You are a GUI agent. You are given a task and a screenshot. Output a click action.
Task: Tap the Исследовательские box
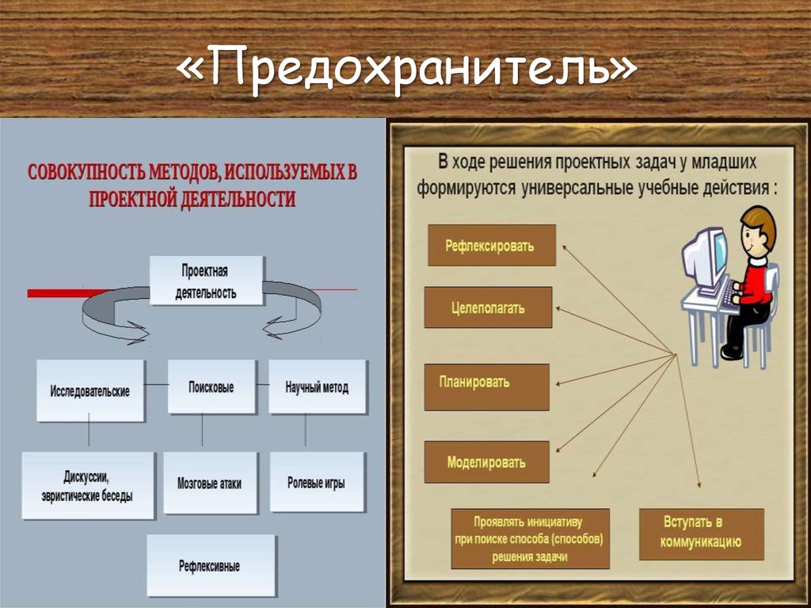tap(90, 391)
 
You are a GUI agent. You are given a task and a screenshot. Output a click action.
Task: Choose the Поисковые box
tap(211, 388)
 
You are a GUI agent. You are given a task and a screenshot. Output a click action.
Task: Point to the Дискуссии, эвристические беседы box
tap(87, 486)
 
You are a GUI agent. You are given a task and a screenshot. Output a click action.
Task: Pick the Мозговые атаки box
tap(210, 484)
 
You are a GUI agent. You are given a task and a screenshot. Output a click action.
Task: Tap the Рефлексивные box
tap(210, 566)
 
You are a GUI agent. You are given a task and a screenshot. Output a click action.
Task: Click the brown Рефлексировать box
tap(491, 245)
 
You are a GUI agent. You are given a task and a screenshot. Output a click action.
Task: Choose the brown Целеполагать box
tap(488, 308)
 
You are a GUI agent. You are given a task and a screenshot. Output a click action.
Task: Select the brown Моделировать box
tap(486, 462)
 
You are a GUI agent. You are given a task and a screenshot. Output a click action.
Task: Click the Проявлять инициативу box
tap(528, 539)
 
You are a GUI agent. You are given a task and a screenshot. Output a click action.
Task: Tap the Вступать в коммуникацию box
tap(702, 533)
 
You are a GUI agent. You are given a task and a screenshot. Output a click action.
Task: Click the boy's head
tap(757, 230)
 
